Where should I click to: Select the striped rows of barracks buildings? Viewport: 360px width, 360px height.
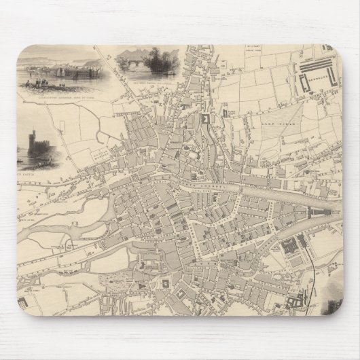click(316, 69)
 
